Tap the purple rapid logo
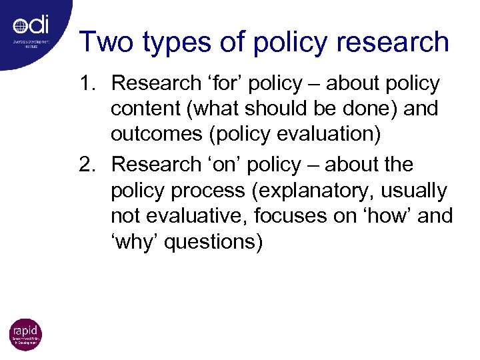pos(25,335)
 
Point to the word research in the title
pos(393,42)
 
